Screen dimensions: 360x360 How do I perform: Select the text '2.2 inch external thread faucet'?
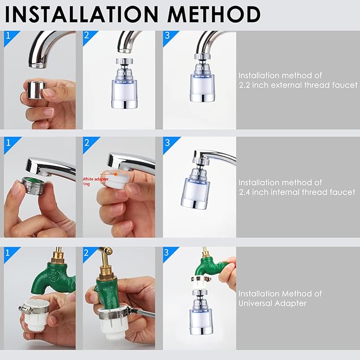tap(297, 85)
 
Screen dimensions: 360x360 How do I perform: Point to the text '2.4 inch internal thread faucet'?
tap(296, 192)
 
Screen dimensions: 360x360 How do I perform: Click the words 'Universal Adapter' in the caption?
tap(272, 303)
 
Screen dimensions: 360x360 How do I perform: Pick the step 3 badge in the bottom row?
tap(168, 250)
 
